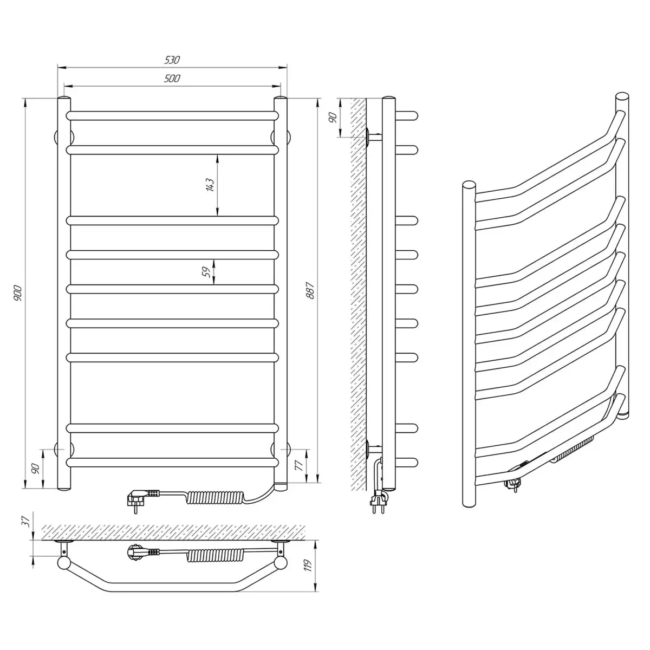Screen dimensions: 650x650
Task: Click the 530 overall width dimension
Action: (172, 60)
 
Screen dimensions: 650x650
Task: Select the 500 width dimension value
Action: (172, 79)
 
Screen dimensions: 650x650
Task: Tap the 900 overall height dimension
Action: (17, 293)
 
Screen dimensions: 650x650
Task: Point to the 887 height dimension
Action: (310, 290)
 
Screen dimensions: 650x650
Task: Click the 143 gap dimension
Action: (210, 185)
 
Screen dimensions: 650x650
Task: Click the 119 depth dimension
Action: (307, 565)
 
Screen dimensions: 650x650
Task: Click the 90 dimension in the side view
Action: (333, 118)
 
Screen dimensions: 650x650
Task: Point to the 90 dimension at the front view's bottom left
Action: (36, 469)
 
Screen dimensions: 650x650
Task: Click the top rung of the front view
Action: (172, 116)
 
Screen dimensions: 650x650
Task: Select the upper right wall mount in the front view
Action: (281, 138)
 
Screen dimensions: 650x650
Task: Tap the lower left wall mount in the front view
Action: (64, 450)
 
